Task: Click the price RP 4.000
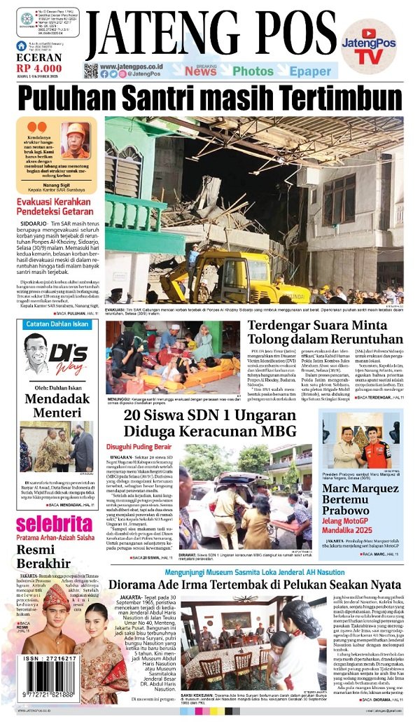click(38, 68)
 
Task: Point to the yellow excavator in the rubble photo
click(210, 277)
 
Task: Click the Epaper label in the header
click(310, 71)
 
